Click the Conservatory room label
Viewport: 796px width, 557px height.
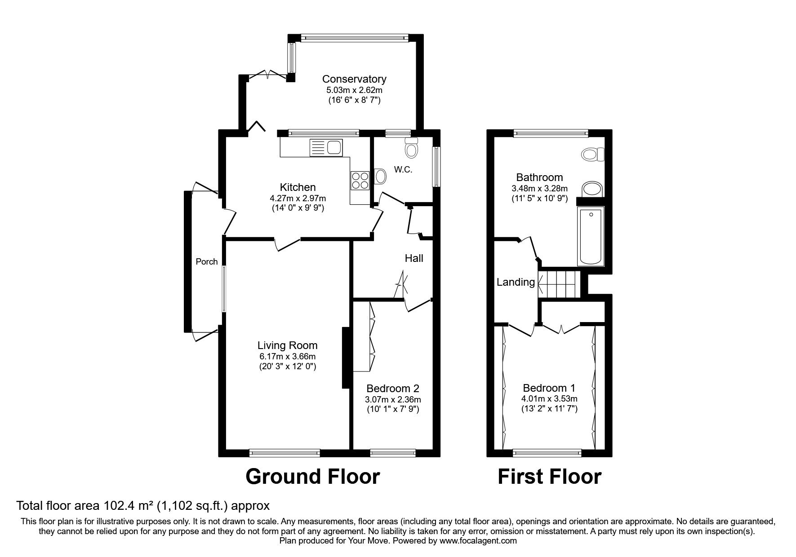tap(354, 79)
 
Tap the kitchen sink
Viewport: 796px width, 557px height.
tap(326, 147)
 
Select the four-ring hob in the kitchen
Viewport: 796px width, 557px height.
tap(359, 181)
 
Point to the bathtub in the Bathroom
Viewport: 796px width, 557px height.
tap(590, 237)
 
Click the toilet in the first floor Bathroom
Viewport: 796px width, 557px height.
tap(593, 155)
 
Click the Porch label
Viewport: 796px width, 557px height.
tap(207, 261)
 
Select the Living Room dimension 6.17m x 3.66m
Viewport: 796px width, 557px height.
tap(287, 357)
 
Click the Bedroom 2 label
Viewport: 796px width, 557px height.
tap(393, 389)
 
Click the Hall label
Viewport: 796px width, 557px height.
tap(414, 258)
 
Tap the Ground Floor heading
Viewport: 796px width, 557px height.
tap(313, 477)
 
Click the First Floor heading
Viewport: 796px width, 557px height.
tap(549, 477)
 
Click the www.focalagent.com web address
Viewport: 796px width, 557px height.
tap(478, 541)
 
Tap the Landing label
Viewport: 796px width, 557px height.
tap(516, 283)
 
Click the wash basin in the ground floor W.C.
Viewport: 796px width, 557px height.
tap(379, 177)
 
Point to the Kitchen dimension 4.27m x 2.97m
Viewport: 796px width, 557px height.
tap(298, 198)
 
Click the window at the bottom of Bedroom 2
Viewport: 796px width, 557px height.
tap(393, 453)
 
